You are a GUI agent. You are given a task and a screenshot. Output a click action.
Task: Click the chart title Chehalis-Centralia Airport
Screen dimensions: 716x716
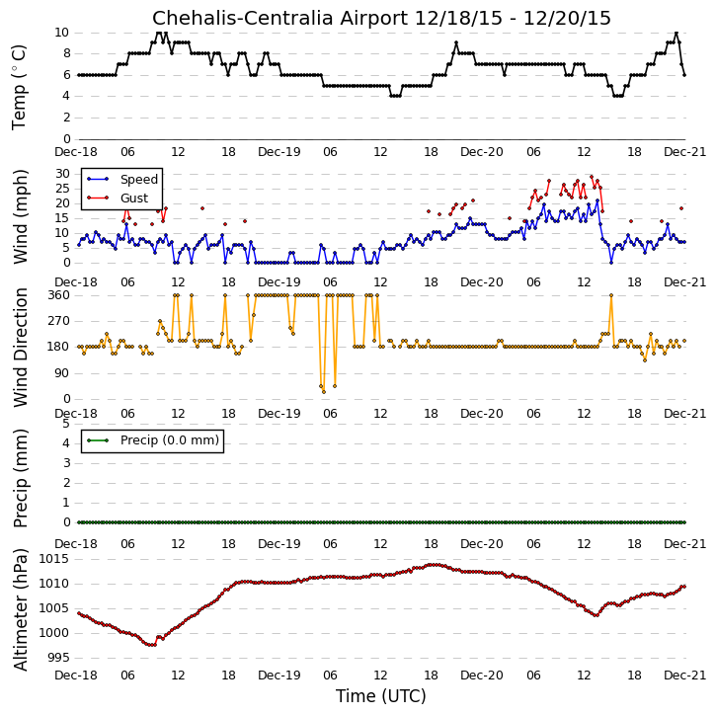tap(279, 18)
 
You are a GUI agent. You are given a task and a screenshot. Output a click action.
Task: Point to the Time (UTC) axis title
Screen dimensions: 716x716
tap(381, 696)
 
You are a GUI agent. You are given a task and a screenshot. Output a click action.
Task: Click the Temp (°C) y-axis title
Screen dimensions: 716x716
tap(19, 88)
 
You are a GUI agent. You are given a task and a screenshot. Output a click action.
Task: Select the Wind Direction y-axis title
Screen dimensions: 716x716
tap(20, 348)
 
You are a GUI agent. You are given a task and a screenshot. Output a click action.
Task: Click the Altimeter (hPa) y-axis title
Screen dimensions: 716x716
tap(20, 609)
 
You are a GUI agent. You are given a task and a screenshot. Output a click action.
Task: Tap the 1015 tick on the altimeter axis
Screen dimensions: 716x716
tap(54, 559)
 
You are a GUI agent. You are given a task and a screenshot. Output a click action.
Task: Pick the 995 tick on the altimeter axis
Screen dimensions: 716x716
tap(58, 658)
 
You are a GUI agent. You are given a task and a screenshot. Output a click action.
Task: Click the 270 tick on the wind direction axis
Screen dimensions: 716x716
tap(58, 321)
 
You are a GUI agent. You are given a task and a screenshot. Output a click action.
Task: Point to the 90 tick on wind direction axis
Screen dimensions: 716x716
tap(62, 373)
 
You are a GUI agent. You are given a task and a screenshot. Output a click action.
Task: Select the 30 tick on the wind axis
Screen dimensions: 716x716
tap(62, 174)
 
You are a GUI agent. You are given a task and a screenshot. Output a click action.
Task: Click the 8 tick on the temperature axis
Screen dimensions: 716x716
tap(67, 53)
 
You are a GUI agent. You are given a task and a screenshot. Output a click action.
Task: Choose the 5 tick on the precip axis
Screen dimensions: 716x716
tap(67, 424)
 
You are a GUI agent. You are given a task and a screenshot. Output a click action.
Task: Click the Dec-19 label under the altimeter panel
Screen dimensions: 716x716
tap(279, 676)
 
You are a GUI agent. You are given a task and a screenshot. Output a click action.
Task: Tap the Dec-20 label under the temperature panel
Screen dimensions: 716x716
tap(482, 152)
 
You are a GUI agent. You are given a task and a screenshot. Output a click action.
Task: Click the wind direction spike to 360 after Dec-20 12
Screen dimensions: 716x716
tap(611, 295)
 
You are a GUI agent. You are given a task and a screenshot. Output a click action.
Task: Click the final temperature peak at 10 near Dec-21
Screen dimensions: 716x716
tap(676, 33)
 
